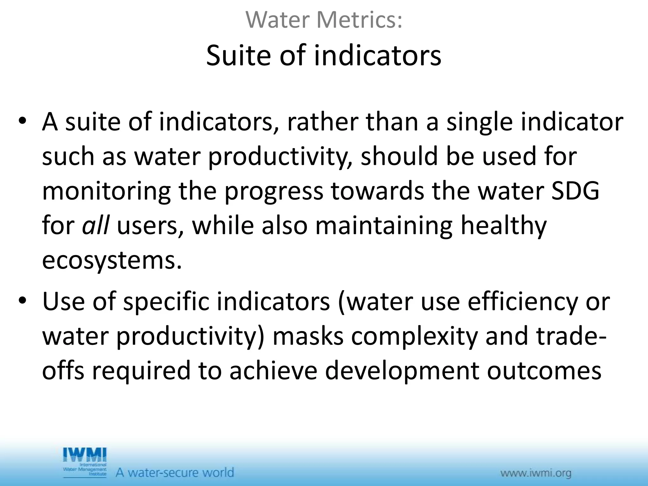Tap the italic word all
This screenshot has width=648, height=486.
[x=96, y=226]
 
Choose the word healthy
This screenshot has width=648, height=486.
[x=503, y=226]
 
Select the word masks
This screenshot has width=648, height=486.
[x=308, y=336]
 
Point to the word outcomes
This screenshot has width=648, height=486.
[x=544, y=371]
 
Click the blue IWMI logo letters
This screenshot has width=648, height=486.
[x=84, y=455]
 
